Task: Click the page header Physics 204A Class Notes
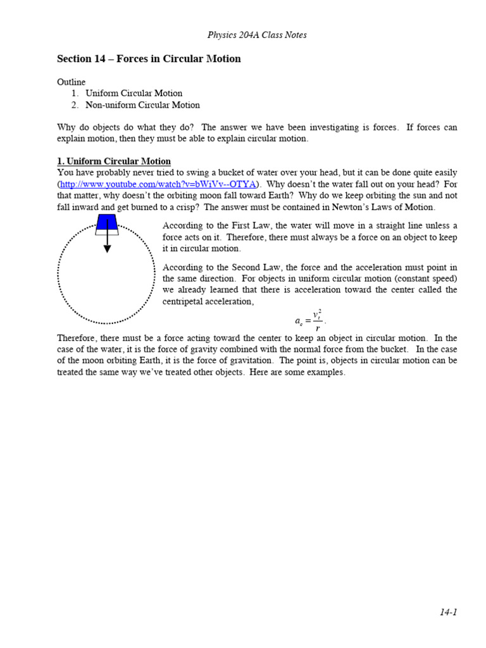click(x=257, y=35)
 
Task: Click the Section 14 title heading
click(x=149, y=59)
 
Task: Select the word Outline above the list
click(x=71, y=82)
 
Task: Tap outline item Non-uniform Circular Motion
click(x=142, y=105)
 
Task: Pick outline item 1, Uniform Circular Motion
click(x=134, y=94)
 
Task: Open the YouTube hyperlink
click(x=158, y=184)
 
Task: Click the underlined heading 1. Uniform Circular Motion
click(x=114, y=161)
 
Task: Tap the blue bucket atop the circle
click(x=107, y=221)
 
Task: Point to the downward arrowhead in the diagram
click(x=107, y=249)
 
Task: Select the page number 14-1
click(x=448, y=611)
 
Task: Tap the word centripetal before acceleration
click(x=184, y=302)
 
